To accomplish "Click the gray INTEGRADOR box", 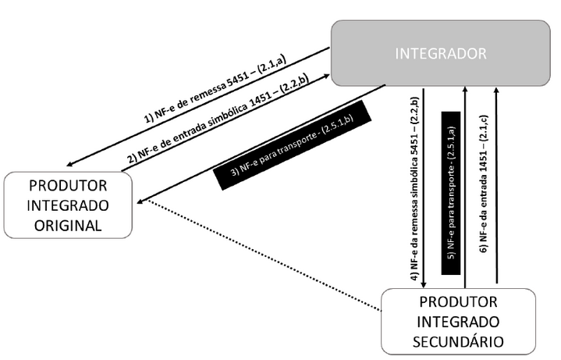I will point(441,53).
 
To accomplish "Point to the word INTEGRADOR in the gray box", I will point(441,53).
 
